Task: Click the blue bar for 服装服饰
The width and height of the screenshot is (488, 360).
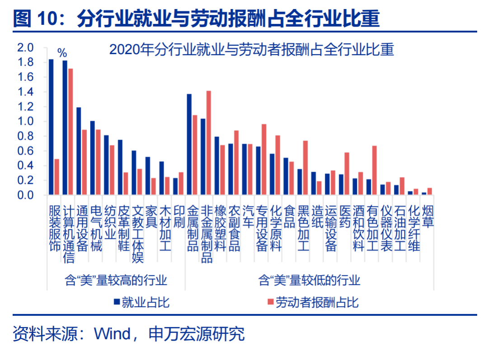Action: click(x=51, y=127)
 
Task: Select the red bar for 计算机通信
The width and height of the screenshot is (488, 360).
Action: click(x=70, y=132)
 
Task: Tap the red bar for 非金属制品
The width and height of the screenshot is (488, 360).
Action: click(x=209, y=143)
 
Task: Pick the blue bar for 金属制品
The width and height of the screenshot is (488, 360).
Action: click(x=189, y=145)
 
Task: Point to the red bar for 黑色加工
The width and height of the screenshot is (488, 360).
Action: click(x=305, y=168)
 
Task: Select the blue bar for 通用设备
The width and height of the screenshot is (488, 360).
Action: click(x=79, y=151)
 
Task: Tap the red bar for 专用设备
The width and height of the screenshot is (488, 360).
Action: click(x=264, y=159)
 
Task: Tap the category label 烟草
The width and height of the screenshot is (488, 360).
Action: click(x=427, y=216)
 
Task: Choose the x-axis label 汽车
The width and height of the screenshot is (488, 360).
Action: click(x=248, y=216)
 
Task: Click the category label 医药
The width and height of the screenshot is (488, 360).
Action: click(x=345, y=216)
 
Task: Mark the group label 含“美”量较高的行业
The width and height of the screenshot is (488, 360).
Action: click(x=116, y=280)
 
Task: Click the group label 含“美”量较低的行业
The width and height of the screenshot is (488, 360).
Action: click(x=310, y=280)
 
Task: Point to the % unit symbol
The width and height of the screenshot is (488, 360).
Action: click(x=62, y=53)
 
